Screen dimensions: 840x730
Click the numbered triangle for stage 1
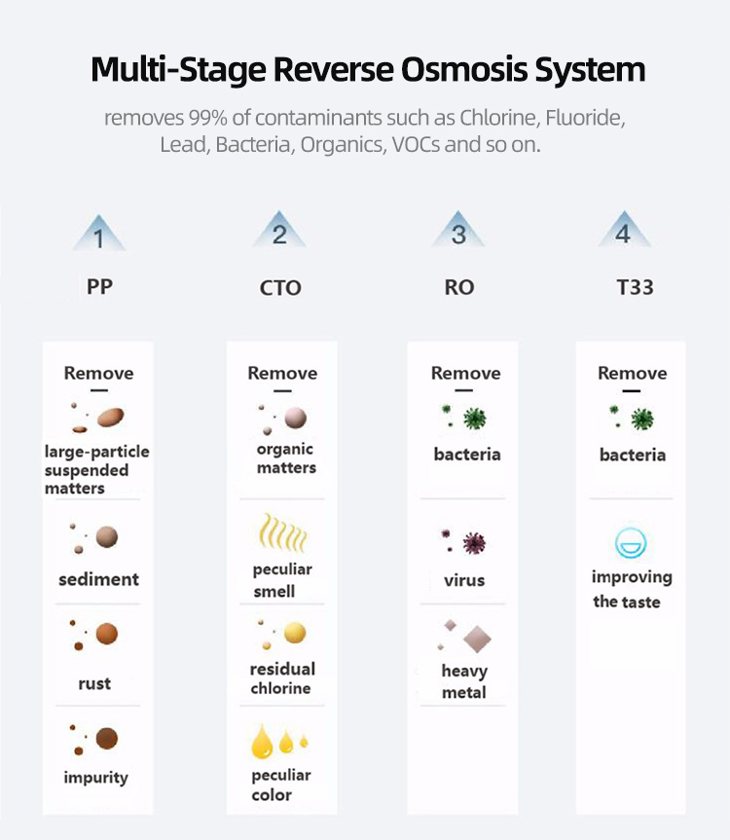click(x=98, y=235)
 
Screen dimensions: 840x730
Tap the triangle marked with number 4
click(x=624, y=232)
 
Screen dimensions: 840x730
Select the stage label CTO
click(x=280, y=288)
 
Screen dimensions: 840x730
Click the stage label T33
click(x=634, y=287)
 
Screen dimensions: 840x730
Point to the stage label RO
click(x=459, y=288)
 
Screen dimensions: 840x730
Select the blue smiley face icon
click(x=631, y=542)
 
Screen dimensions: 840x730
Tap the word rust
click(x=94, y=683)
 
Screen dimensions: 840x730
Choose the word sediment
click(x=98, y=579)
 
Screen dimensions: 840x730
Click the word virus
click(x=463, y=580)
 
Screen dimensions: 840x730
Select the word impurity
click(x=96, y=777)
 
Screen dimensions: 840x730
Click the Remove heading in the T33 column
click(x=632, y=373)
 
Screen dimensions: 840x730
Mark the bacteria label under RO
click(x=467, y=454)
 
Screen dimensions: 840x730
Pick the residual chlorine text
click(x=281, y=678)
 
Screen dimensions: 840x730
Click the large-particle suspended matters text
click(x=96, y=470)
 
